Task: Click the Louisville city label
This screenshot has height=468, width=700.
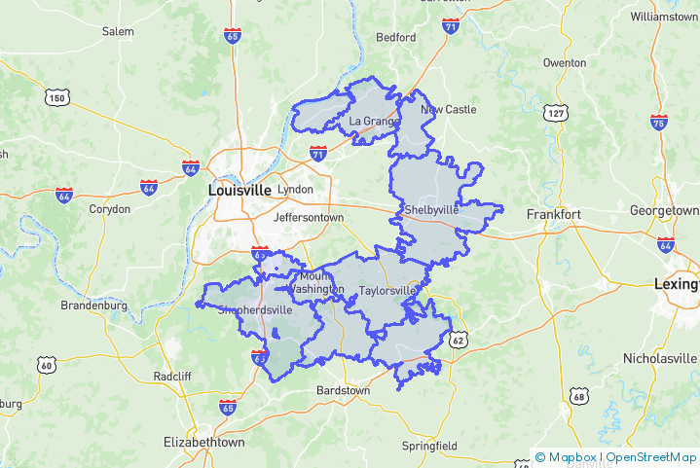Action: click(x=239, y=191)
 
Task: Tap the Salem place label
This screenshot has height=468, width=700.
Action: click(x=118, y=32)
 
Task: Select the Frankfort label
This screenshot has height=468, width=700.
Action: click(x=553, y=214)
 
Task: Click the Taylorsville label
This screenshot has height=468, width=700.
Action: click(x=387, y=291)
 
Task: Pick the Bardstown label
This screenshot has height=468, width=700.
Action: click(x=344, y=390)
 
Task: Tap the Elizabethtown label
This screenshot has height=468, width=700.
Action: click(x=204, y=442)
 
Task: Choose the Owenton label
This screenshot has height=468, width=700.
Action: click(x=565, y=63)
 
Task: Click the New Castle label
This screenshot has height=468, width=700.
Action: click(x=449, y=110)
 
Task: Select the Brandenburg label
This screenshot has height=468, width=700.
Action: click(x=94, y=306)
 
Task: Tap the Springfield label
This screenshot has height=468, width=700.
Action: click(x=429, y=447)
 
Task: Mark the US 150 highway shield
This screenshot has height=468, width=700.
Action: click(x=55, y=97)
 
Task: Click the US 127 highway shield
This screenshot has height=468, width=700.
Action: click(x=556, y=114)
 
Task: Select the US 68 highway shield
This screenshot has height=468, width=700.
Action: click(x=579, y=396)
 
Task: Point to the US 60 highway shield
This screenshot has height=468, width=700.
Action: click(x=46, y=365)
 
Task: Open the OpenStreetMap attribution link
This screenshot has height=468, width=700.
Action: click(x=652, y=457)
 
